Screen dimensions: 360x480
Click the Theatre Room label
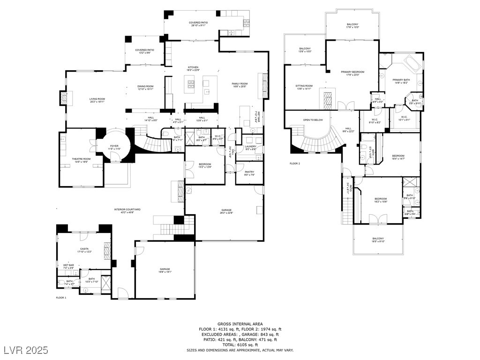[81, 159]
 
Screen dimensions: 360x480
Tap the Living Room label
[97, 99]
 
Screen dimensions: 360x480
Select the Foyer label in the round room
[114, 146]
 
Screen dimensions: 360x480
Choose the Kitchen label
[194, 67]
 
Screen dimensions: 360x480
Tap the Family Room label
[240, 84]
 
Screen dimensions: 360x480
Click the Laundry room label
[250, 147]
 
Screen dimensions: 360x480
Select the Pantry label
[249, 172]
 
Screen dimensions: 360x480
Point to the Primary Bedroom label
[352, 72]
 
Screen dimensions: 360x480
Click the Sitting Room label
[304, 86]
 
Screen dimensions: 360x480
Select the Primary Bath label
[401, 80]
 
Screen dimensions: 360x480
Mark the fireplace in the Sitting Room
[328, 99]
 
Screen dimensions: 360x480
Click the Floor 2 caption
[294, 164]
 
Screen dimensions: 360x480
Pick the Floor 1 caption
[61, 298]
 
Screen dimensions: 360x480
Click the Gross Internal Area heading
[240, 324]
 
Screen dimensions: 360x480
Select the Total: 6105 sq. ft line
[240, 345]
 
